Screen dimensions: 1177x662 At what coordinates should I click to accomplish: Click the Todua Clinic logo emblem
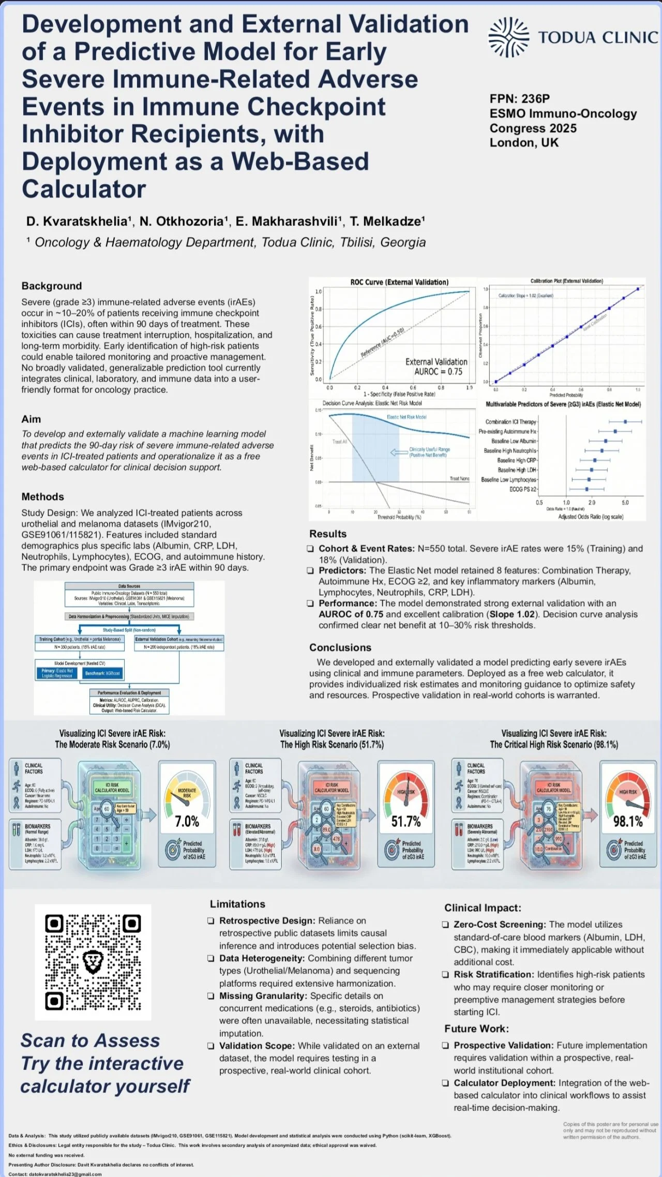[509, 37]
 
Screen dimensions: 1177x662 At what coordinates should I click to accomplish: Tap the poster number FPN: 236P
[519, 99]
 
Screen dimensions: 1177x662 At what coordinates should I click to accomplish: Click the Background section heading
[52, 286]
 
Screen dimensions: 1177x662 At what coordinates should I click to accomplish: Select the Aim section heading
[31, 419]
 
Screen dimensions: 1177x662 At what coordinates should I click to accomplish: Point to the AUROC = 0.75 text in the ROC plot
[438, 371]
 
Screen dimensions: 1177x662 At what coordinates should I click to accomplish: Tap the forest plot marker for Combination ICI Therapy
[625, 422]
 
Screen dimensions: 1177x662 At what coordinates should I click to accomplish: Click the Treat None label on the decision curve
[459, 478]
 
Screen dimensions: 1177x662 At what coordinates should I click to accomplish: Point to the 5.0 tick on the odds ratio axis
[625, 502]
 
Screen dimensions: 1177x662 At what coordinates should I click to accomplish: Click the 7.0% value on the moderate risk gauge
[187, 821]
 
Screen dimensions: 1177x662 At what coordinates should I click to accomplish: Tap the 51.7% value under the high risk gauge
[406, 821]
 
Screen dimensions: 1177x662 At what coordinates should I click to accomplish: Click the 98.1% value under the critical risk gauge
[628, 821]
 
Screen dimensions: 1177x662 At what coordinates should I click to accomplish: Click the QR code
[93, 962]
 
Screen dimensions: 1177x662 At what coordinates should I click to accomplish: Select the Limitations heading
[237, 904]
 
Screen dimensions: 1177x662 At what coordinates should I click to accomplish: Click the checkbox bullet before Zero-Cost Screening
[445, 925]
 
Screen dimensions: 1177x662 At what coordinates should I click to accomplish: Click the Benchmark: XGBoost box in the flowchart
[102, 673]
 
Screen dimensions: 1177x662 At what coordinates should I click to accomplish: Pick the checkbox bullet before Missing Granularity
[211, 996]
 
